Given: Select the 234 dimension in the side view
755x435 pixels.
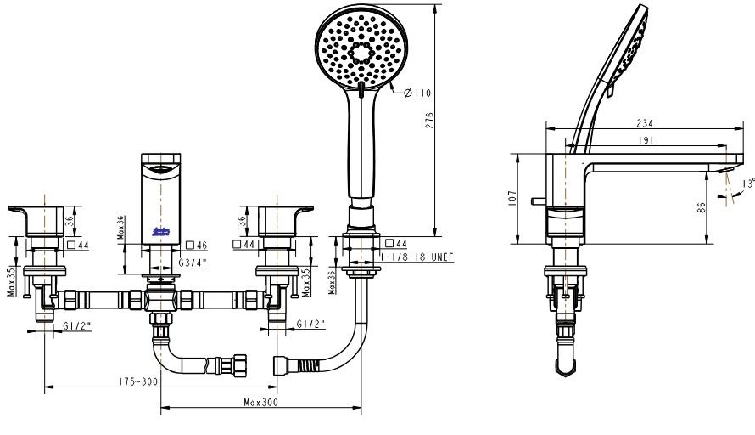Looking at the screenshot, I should point(645,123).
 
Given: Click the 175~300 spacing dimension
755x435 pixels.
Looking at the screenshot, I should point(137,382).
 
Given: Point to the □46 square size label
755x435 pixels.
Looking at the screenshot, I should point(197,245).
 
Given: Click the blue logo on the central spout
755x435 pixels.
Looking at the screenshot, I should point(161,230).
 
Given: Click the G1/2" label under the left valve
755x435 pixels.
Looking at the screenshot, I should point(78,325).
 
